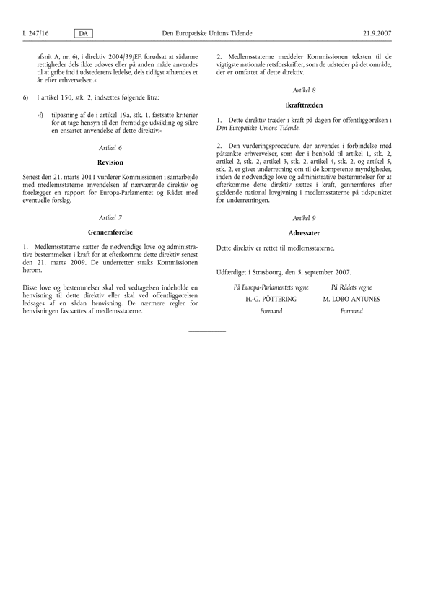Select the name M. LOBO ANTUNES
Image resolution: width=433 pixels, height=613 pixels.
click(x=351, y=299)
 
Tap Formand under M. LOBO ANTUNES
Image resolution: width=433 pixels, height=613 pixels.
click(x=351, y=311)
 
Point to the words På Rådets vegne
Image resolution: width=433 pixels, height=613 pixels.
click(x=351, y=287)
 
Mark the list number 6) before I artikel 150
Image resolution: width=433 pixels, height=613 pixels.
click(x=26, y=97)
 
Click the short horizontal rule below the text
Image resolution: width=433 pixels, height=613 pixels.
click(x=206, y=331)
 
